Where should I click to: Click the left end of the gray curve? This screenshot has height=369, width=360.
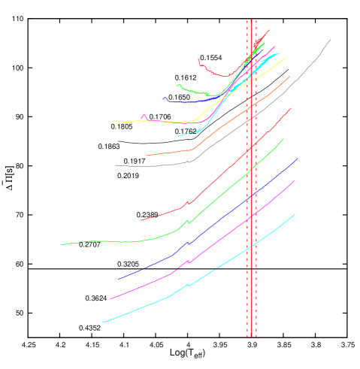[x=116, y=165]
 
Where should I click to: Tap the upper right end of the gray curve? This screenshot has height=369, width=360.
[x=330, y=39]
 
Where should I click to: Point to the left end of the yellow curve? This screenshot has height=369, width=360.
[x=114, y=120]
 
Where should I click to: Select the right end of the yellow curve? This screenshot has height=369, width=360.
[x=286, y=58]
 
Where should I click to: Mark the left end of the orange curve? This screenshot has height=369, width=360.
[x=147, y=155]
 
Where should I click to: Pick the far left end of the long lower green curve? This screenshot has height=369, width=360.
[x=61, y=244]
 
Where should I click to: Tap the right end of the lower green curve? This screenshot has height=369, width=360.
[x=284, y=138]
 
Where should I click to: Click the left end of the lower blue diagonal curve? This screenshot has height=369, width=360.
[x=117, y=280]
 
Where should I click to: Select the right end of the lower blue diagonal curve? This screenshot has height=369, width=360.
[x=298, y=158]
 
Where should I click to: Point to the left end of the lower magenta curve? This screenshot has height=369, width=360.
[x=110, y=299]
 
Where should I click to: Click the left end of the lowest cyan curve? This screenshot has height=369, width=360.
[x=103, y=322]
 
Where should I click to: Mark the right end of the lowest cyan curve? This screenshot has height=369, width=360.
[x=295, y=214]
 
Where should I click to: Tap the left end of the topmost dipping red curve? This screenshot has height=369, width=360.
[x=198, y=58]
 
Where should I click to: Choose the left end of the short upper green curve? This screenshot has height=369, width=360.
[x=177, y=85]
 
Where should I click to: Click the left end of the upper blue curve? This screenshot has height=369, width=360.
[x=162, y=98]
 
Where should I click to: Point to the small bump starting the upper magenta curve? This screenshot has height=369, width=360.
[x=143, y=115]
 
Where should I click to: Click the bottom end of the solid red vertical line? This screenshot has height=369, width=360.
[x=252, y=337]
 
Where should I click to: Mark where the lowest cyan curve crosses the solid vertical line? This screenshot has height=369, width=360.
[x=252, y=245]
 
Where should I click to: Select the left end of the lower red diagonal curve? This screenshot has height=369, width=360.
[x=140, y=220]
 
